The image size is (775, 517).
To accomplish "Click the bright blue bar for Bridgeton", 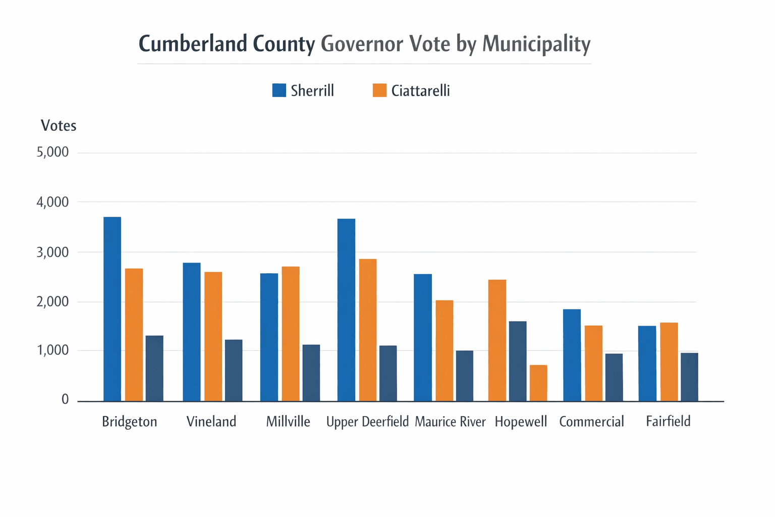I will [112, 309].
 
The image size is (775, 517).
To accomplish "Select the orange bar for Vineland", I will [213, 336].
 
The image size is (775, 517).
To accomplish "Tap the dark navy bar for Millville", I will [311, 373].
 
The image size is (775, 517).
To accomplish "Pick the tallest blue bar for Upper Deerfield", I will [346, 309].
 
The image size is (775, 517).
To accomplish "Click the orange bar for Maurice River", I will [444, 350].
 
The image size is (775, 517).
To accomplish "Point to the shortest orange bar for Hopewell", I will [538, 383].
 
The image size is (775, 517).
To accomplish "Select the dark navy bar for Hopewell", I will [518, 361].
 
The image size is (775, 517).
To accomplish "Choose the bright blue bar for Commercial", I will [572, 355].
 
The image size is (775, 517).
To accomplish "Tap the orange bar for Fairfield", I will [669, 361].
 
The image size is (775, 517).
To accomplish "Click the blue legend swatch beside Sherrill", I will [279, 90].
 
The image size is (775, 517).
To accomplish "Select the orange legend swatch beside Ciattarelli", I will [379, 90].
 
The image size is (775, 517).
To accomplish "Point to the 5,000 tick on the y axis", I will [52, 152].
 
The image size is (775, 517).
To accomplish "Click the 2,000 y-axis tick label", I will [52, 301].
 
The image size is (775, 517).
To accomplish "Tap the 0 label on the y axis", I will [65, 400].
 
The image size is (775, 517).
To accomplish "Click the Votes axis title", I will [59, 125].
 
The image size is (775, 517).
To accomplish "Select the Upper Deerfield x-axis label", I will [367, 422].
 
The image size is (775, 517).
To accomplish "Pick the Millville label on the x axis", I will [288, 422].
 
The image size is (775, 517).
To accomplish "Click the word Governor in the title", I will [362, 44].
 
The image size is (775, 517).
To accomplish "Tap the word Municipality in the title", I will [536, 44].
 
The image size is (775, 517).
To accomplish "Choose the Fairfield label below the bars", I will [668, 421].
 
